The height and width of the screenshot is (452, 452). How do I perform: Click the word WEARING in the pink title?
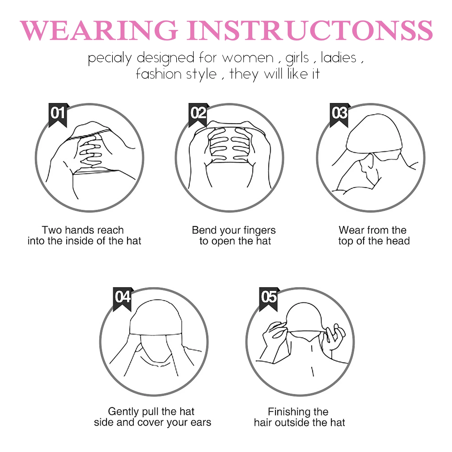click(99, 31)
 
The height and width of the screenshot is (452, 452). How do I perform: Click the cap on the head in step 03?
click(373, 134)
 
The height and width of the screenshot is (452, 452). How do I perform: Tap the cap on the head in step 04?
click(155, 319)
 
